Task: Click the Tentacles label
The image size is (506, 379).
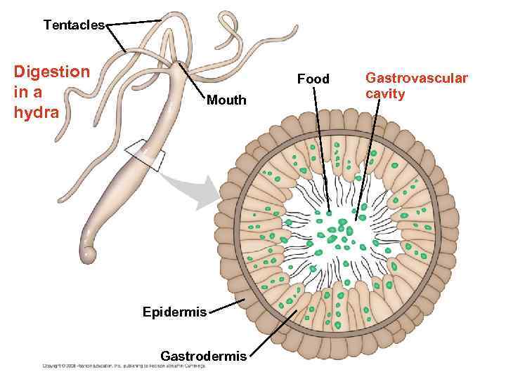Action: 74,25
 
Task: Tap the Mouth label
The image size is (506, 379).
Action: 226,100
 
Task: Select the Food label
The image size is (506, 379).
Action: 313,79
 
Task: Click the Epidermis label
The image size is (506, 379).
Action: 174,312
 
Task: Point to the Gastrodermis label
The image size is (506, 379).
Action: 203,356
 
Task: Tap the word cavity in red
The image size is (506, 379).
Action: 385,93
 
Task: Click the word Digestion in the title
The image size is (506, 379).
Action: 52,72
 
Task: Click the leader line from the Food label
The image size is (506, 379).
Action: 321,147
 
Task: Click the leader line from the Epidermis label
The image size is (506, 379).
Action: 226,306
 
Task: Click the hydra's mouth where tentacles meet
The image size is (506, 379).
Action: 174,65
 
